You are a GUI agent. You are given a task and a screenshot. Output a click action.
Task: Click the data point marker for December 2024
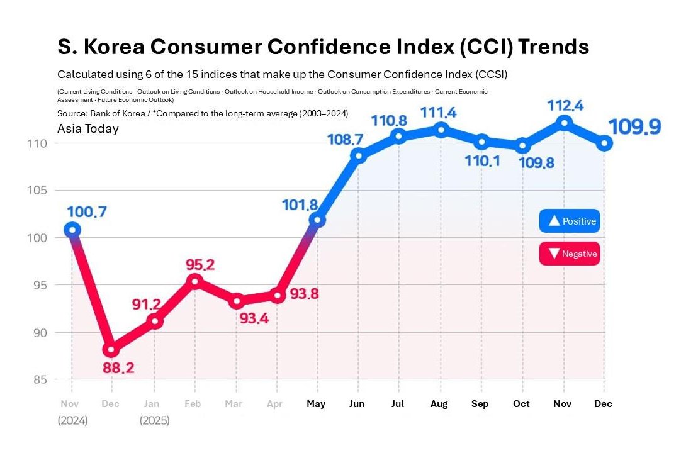coord(111,349)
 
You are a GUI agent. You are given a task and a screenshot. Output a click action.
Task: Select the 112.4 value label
coord(565,106)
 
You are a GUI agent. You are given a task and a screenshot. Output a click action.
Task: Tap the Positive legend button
coord(570,221)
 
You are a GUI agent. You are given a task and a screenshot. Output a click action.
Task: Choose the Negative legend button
coord(570,254)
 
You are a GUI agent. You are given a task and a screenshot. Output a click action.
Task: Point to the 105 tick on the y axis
coord(37,190)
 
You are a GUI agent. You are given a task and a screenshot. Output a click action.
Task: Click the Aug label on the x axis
coord(439,404)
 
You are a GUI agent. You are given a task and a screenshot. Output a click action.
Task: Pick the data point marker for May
coord(317,220)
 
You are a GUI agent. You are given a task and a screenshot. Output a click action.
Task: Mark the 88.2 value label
coord(118,368)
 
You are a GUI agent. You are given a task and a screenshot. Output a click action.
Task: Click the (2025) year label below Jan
coord(154,420)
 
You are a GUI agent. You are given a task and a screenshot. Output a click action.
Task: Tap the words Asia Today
coord(87,128)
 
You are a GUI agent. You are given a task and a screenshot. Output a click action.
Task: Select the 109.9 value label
coord(634,127)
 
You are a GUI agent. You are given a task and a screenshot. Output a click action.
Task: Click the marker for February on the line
coord(195,281)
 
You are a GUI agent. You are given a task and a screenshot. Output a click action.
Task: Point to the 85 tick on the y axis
coord(40,379)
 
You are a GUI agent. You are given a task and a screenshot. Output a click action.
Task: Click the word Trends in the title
coord(554,47)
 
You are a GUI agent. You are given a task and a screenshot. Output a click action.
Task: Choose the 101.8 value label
coord(300,204)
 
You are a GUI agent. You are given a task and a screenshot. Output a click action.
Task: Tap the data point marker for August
coord(441,130)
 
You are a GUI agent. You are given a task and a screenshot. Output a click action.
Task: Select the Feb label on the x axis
coord(193,404)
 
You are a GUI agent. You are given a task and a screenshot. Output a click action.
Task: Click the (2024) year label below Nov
coord(72,420)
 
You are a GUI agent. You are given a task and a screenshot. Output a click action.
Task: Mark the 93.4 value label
coord(254,318)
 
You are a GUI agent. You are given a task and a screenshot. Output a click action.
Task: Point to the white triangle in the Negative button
coord(554,253)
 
